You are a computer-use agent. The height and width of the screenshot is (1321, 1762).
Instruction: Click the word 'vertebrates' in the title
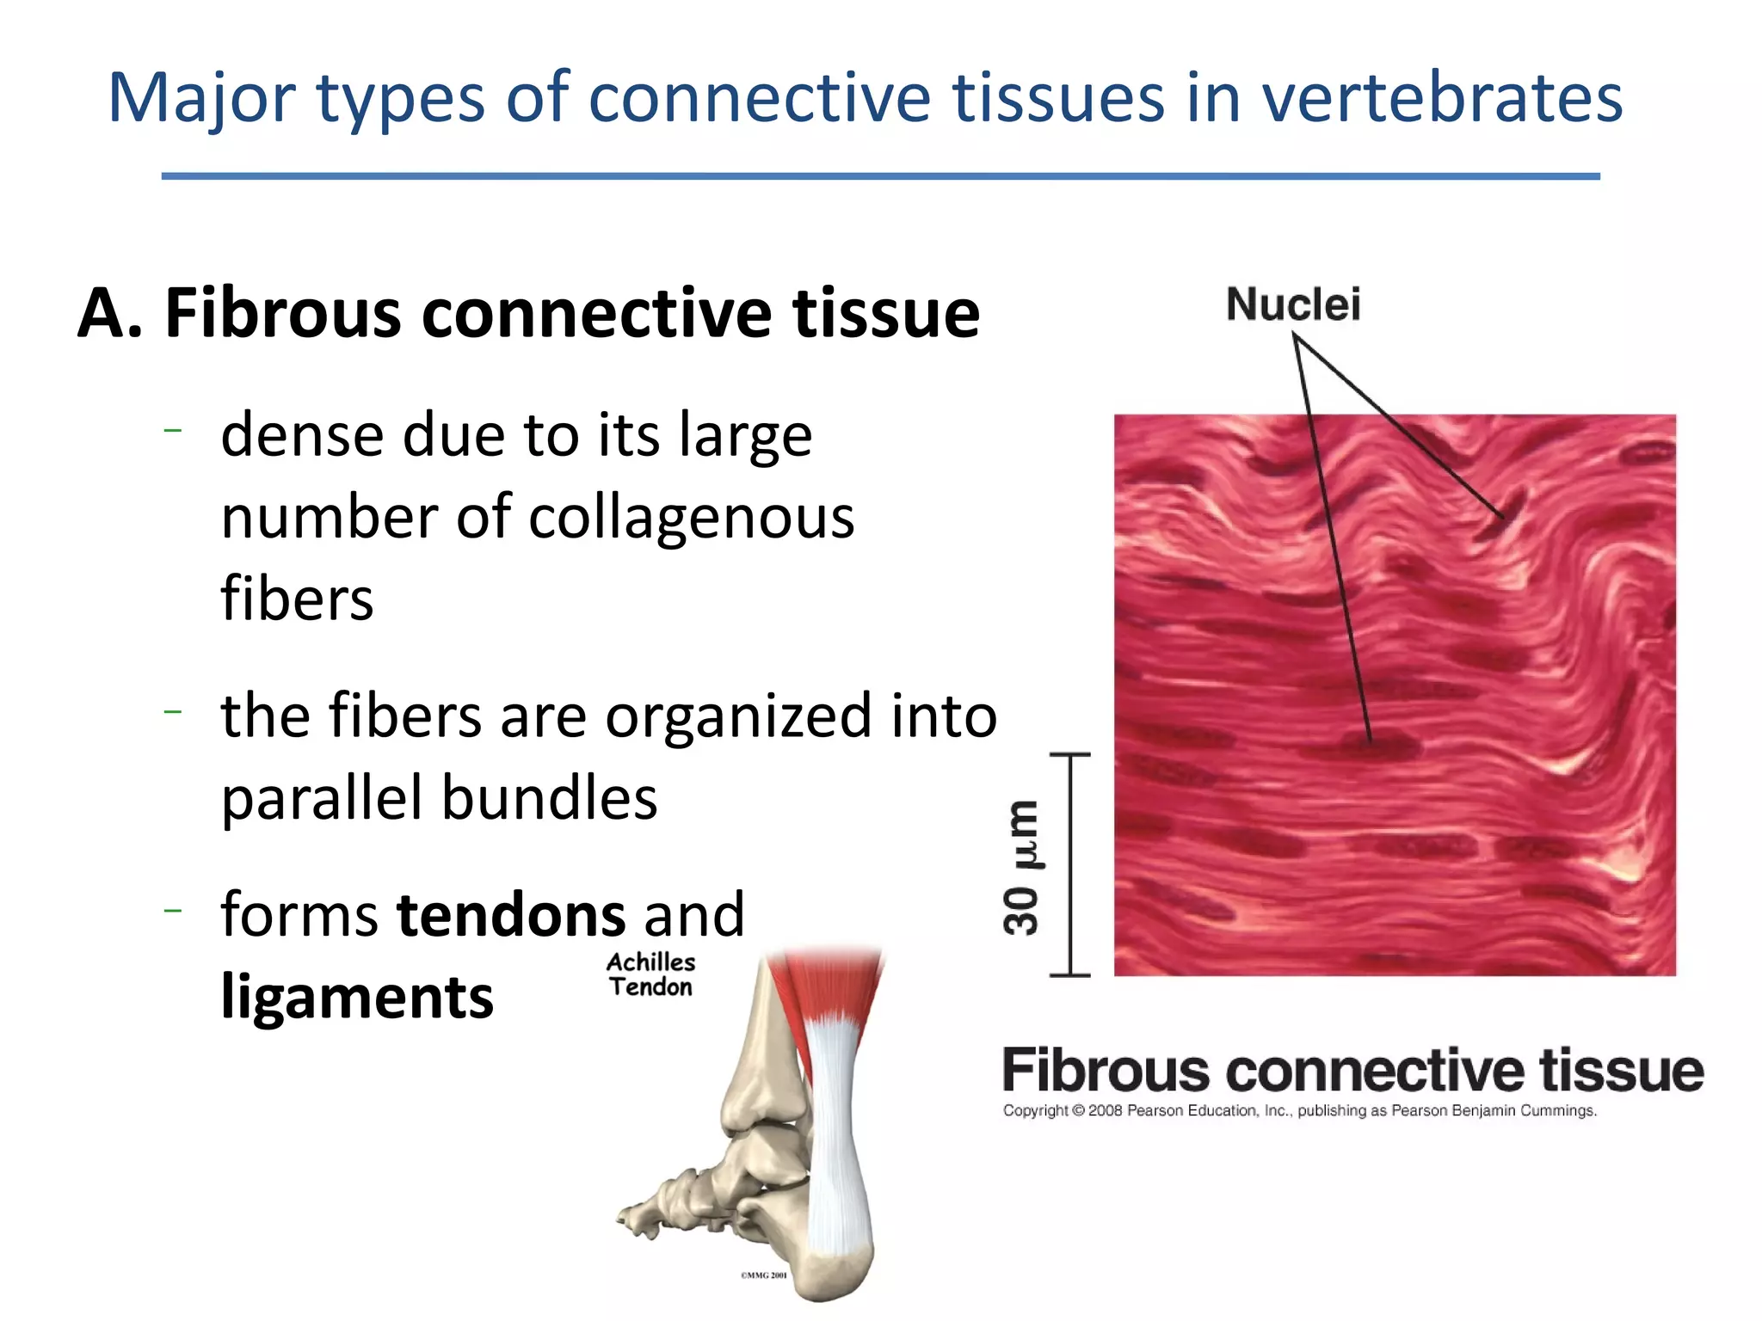click(1441, 98)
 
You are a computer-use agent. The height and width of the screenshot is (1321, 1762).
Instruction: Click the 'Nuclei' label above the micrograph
click(1292, 304)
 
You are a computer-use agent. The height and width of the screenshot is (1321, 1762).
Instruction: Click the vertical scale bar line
click(1070, 864)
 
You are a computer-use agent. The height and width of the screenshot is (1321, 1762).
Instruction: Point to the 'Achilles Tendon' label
click(650, 974)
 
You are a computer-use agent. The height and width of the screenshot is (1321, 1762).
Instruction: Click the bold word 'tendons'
click(511, 914)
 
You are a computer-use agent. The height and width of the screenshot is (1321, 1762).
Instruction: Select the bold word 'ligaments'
click(357, 997)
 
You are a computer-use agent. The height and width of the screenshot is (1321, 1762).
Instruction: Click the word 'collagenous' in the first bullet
click(691, 518)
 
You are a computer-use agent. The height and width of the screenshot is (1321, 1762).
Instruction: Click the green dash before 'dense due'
click(173, 428)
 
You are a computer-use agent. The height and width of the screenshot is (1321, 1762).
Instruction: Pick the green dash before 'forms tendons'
click(173, 909)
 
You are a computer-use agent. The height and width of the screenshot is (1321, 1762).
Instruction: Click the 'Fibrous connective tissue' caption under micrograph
click(1352, 1071)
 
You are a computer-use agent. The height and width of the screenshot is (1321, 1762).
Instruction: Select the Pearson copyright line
click(1299, 1110)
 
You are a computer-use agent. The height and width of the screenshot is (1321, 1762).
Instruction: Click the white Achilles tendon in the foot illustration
click(835, 1135)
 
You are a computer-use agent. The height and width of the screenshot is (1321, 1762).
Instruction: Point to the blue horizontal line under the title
click(880, 176)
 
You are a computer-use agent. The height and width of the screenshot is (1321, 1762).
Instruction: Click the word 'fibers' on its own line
click(297, 599)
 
